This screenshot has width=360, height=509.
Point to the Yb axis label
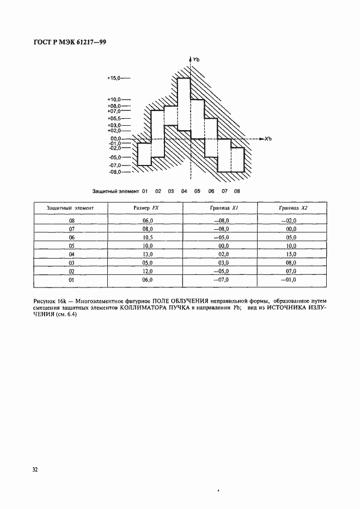197,59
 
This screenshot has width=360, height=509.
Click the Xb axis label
268,139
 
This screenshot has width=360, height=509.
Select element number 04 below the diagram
184,191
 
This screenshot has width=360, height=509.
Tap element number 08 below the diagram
237,191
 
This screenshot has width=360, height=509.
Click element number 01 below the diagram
145,191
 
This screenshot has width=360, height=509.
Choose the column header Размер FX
146,208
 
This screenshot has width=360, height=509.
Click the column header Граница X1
221,208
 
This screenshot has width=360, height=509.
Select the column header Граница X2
291,208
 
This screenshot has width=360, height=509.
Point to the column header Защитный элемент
71,208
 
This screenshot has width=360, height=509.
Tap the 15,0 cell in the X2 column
291,253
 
